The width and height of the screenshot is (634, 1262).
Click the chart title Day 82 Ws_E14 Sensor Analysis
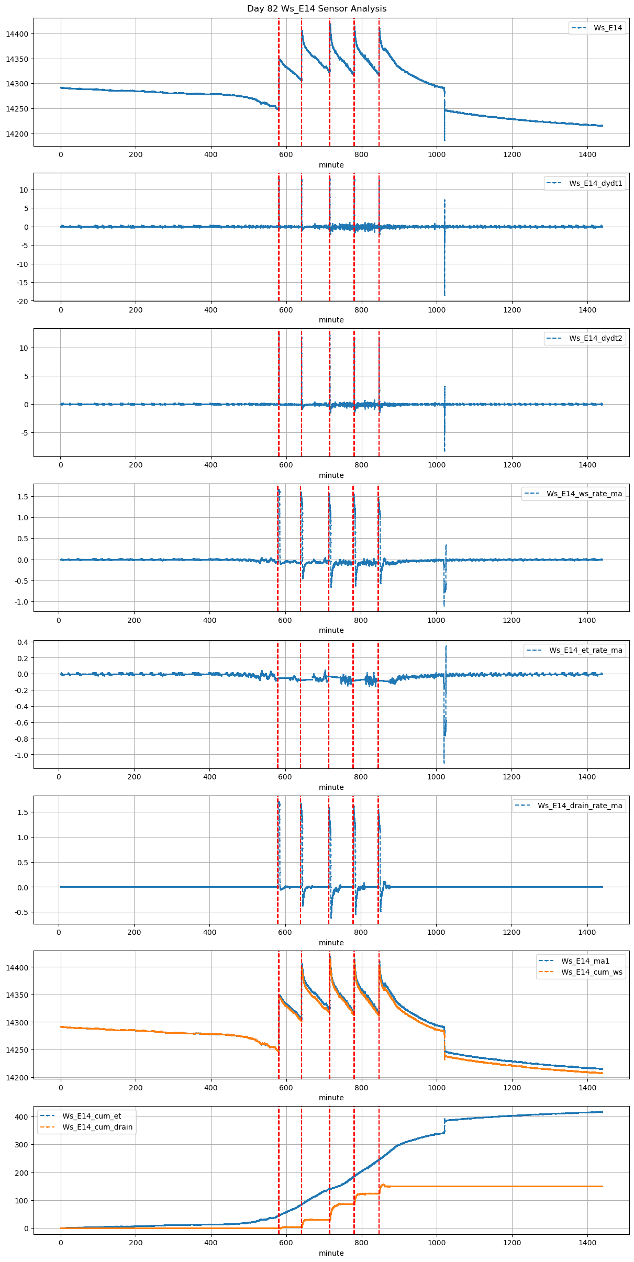coord(317,8)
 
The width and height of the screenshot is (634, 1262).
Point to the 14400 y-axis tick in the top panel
coord(17,34)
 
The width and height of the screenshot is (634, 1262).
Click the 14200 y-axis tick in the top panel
coord(17,133)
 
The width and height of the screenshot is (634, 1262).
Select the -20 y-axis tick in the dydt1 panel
coord(24,301)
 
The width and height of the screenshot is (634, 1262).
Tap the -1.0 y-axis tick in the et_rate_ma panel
coord(23,755)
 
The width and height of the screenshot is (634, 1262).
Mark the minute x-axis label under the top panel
coord(331,165)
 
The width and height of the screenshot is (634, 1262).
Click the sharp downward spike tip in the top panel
coord(444,140)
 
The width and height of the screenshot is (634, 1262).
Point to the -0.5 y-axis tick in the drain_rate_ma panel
coord(23,912)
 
